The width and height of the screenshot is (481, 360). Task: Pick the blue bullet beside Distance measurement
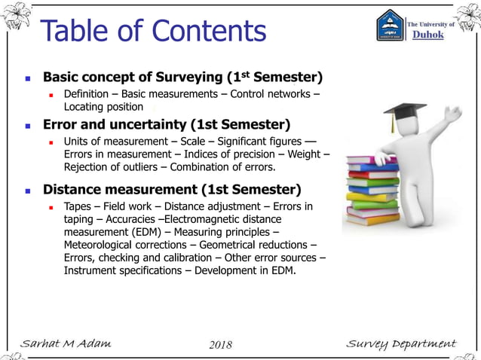click(28, 190)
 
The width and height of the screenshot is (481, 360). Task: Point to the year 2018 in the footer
click(219, 345)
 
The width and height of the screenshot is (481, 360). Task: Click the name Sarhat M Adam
click(66, 344)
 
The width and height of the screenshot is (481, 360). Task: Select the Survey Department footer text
click(400, 344)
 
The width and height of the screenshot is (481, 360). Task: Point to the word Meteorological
click(101, 245)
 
